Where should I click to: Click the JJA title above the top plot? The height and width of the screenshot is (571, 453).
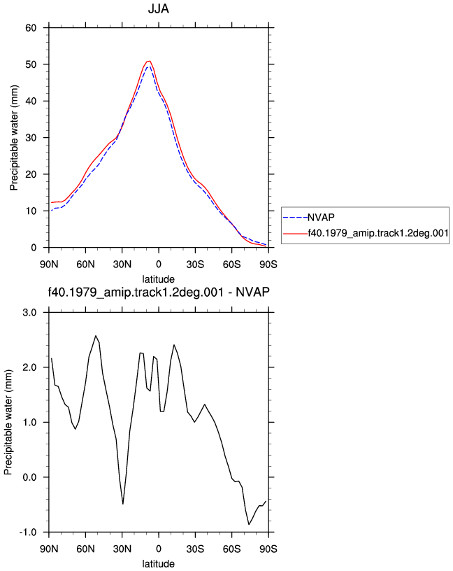coord(158,8)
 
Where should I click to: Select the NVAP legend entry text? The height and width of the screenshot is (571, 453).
coord(321,218)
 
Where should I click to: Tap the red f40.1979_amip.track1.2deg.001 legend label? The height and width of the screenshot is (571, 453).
coord(378,233)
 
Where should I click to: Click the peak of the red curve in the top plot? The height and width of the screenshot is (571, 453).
coord(149,61)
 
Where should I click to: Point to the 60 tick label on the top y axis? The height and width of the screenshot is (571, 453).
coord(31,28)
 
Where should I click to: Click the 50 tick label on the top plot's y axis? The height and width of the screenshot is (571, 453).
coord(31,64)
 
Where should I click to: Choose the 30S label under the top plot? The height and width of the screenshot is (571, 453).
coord(195,265)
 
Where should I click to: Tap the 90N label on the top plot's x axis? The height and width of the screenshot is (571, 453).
coord(49,265)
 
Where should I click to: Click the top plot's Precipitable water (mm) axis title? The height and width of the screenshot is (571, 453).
coord(14,138)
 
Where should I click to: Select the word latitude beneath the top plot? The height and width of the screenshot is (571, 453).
coord(158,279)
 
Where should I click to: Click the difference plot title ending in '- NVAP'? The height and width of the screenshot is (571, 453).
coord(159,292)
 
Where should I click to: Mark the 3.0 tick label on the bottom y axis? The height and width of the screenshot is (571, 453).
coord(29,313)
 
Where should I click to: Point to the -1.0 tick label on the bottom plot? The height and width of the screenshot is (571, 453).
coord(28,532)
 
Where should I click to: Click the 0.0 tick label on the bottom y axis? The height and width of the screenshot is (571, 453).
coord(29,477)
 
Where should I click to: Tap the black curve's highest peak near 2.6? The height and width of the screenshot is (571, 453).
coord(96,336)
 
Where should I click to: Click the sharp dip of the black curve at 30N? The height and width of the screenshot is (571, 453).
coord(123,504)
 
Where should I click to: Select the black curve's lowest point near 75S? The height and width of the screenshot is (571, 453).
coord(249,524)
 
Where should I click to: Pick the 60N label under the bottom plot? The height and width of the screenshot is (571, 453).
coord(85,549)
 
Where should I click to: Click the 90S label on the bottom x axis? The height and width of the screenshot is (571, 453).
coord(268,549)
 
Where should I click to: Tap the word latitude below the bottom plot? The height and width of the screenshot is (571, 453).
coord(158,564)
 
